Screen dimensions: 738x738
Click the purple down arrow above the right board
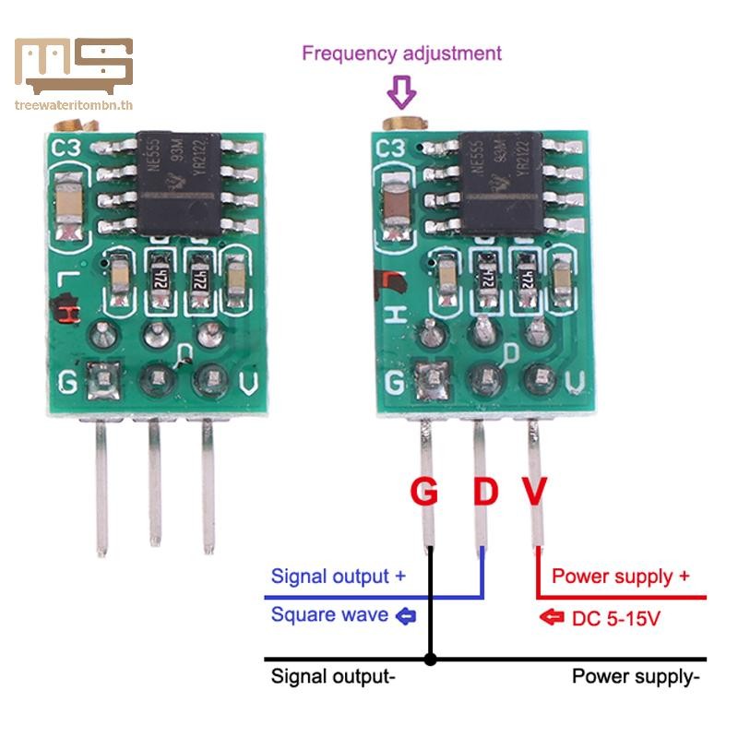[x=401, y=91]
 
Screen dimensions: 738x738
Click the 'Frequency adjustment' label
[x=401, y=53]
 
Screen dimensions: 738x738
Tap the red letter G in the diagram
[x=423, y=492]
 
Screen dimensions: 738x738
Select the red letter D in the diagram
[x=485, y=492]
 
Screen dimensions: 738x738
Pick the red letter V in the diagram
[x=535, y=492]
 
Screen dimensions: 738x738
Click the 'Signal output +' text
[x=338, y=577]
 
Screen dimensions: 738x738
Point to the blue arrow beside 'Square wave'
[x=405, y=615]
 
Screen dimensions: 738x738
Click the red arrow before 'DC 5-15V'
[x=552, y=617]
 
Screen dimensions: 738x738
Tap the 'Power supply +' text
[x=620, y=577]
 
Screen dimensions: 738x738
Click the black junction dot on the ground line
[x=430, y=660]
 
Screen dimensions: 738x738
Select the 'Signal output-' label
[x=333, y=676]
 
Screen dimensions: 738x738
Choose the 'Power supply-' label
[x=636, y=676]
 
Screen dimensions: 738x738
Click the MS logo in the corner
[x=74, y=66]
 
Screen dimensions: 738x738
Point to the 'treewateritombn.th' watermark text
[x=75, y=104]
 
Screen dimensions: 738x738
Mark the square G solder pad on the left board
[x=101, y=379]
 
